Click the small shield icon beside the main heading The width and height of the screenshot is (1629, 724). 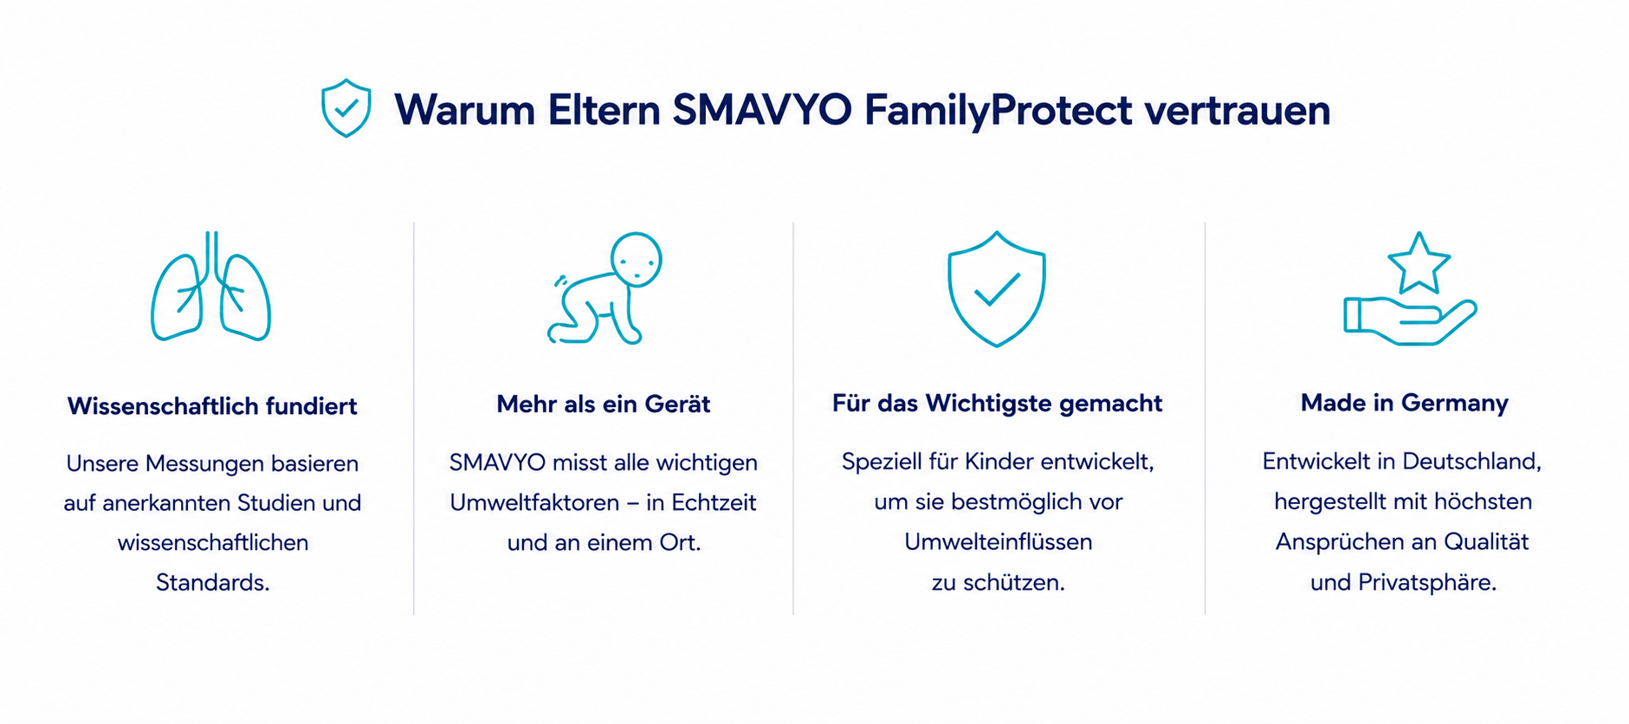coord(346,108)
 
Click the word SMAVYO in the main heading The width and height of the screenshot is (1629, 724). coord(762,110)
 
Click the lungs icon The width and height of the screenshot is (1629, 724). coord(211,287)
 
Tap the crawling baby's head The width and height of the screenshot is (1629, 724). coord(637,259)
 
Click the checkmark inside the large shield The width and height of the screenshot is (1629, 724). coord(998,289)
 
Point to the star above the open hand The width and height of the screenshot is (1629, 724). coord(1419,263)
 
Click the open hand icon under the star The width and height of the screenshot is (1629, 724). coord(1410,321)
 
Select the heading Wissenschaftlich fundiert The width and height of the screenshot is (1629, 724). coord(212,406)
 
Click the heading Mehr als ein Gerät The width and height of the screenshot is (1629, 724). coord(604,404)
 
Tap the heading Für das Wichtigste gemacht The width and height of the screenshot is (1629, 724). coord(997,404)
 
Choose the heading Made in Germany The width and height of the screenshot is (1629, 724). coord(1405,403)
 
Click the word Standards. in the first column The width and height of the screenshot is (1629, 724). coord(213,582)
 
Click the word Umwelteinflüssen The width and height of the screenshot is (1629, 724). coord(999,541)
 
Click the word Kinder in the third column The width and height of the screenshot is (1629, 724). coord(999,462)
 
